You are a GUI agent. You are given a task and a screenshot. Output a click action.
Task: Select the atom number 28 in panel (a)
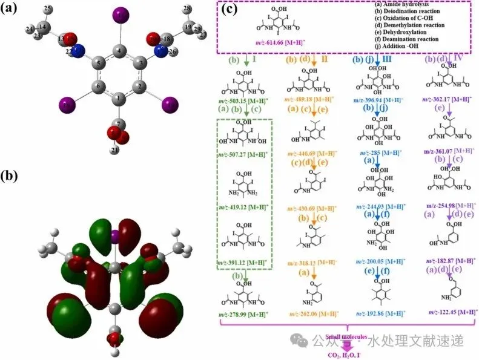[x=187, y=8]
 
